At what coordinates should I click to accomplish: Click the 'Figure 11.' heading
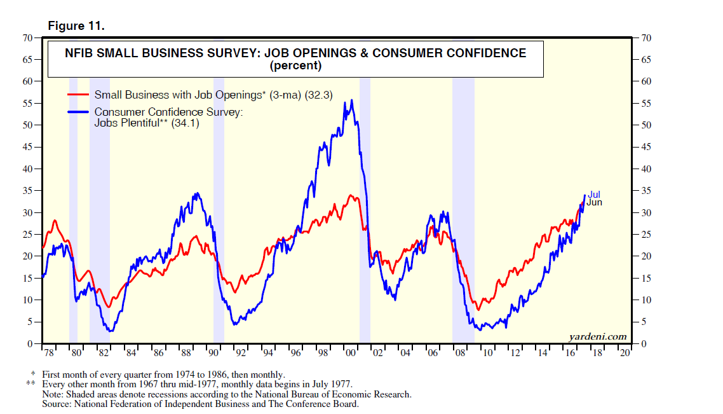(76, 26)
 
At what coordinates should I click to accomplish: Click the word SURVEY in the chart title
(224, 53)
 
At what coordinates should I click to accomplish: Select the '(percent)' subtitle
(295, 66)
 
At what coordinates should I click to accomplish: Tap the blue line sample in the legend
(79, 112)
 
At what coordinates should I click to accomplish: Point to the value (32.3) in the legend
(319, 95)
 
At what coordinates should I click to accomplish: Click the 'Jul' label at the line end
(594, 195)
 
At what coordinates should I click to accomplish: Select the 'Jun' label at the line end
(594, 202)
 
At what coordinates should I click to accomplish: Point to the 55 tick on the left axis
(27, 103)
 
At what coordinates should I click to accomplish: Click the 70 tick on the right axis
(647, 38)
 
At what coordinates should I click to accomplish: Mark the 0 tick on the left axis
(30, 344)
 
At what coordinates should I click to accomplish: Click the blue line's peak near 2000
(352, 100)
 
